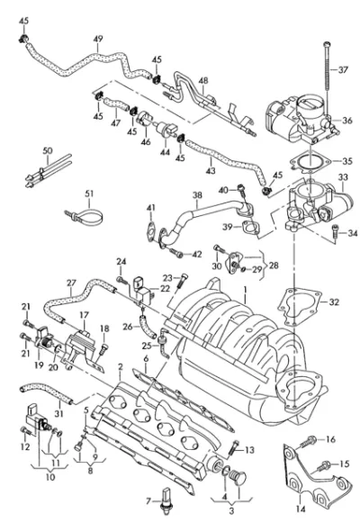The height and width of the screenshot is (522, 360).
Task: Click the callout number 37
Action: coord(343,70)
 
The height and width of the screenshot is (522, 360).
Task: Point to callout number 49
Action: coord(98,39)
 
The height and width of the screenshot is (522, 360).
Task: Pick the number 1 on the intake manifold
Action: coord(245,291)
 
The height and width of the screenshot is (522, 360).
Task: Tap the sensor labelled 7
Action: coord(166,500)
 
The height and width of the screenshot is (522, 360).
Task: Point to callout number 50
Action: coord(48,150)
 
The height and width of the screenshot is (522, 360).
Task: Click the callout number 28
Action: coord(274,265)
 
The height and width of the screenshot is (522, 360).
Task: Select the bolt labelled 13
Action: coord(234,448)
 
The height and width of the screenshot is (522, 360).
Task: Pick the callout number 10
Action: coord(50,477)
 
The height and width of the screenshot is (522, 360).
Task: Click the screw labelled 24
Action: coord(122,280)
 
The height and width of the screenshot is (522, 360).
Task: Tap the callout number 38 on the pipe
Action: coord(197,195)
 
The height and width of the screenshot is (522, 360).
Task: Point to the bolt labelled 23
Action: coord(181,281)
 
